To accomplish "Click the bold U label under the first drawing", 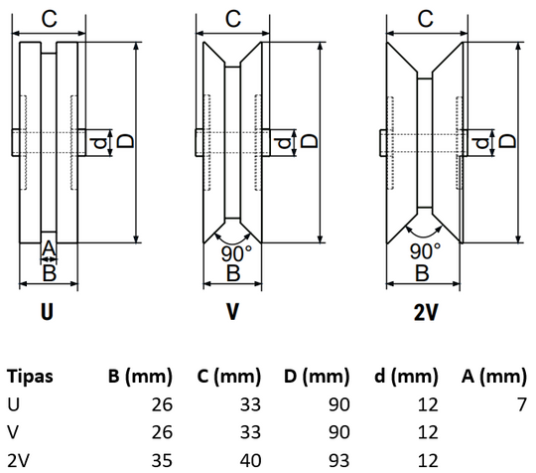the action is [48, 312].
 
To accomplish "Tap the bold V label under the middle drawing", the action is [232, 312].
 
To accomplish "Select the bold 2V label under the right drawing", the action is [426, 312].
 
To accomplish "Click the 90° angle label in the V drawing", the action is [236, 253].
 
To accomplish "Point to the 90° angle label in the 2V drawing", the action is [425, 251].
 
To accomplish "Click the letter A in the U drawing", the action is [49, 248].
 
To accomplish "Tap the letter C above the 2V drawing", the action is [425, 19].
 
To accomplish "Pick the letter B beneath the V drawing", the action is [233, 273].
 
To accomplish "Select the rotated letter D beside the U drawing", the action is [125, 141].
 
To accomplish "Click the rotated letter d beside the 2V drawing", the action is [482, 143].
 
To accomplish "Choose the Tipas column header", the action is [30, 377].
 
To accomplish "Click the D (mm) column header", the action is [317, 377].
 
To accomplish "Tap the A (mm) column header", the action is [494, 377].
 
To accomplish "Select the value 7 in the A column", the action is [522, 404].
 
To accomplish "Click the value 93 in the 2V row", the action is [338, 460].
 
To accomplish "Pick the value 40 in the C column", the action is [250, 460].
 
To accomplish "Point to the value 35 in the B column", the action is [162, 460].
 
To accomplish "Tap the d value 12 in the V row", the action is [428, 432].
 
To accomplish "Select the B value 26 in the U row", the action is [162, 404].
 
